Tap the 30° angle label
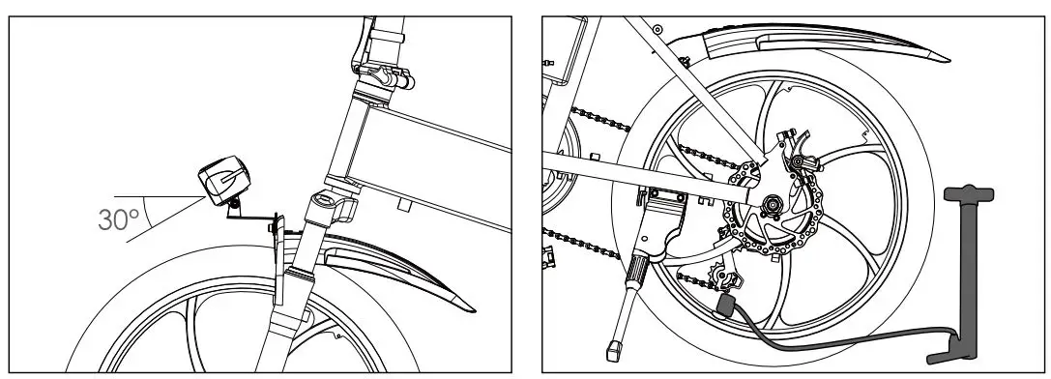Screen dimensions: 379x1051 pos(119,219)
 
